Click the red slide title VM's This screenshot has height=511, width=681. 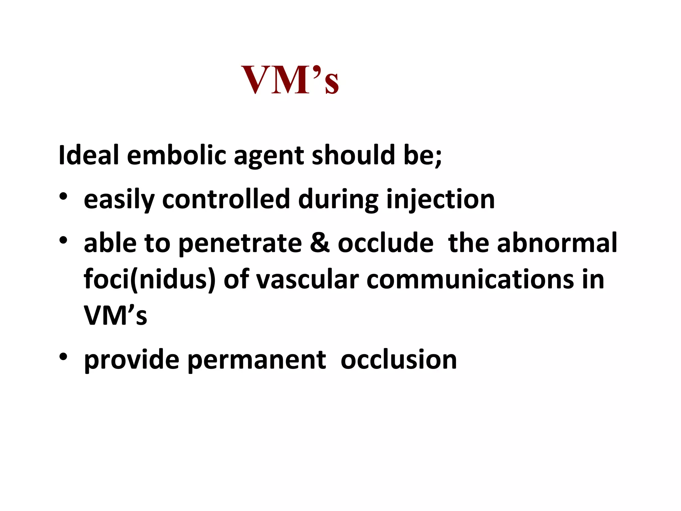click(290, 80)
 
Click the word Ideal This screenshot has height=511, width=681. click(88, 155)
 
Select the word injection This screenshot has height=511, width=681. click(440, 200)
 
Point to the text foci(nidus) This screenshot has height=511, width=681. click(150, 279)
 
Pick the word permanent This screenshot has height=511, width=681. click(256, 360)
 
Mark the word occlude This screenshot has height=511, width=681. click(386, 243)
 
